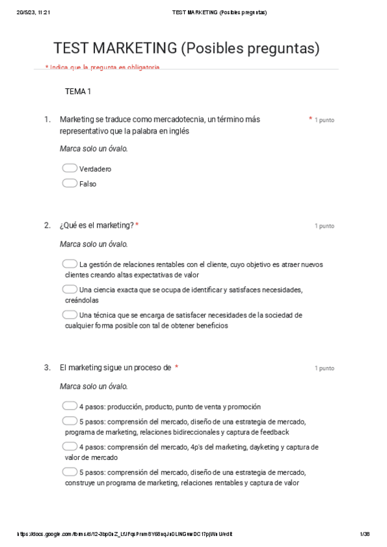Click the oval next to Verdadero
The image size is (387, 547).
[x=70, y=168]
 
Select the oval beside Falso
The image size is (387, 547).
[x=70, y=183]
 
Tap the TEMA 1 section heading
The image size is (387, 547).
[x=78, y=92]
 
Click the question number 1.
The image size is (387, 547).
[x=47, y=119]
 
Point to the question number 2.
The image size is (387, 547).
[x=47, y=225]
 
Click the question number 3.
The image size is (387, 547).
[x=47, y=368]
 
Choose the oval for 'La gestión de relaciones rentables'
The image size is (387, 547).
[x=70, y=264]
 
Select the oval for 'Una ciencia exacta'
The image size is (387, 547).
[x=70, y=289]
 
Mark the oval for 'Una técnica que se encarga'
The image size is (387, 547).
[x=70, y=315]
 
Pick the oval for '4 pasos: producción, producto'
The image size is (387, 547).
[x=70, y=406]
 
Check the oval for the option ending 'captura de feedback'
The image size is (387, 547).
[x=70, y=421]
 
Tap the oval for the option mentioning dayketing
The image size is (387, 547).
[x=70, y=446]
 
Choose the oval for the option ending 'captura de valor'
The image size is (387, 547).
[x=70, y=472]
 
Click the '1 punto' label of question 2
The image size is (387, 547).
[x=324, y=226]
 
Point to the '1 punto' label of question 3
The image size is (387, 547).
[x=324, y=368]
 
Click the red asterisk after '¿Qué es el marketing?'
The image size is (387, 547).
[x=137, y=225]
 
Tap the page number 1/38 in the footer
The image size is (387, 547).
[x=364, y=534]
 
